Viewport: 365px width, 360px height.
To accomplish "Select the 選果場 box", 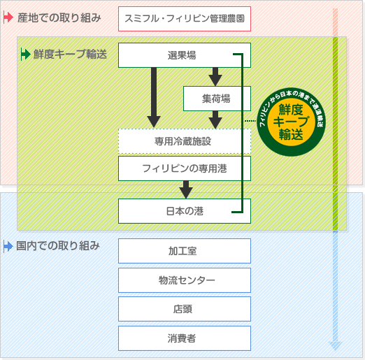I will click(x=185, y=55).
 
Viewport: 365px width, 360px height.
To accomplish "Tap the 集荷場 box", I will click(x=217, y=99).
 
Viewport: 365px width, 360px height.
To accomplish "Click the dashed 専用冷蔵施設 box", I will click(x=185, y=141).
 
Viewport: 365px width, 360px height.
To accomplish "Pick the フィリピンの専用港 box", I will click(x=185, y=168).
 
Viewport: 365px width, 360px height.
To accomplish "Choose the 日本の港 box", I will click(x=185, y=210).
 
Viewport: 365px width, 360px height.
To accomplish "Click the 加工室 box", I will click(x=185, y=251).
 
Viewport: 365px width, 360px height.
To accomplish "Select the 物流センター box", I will click(x=185, y=280).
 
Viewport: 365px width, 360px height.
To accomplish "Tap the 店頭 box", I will click(x=185, y=309).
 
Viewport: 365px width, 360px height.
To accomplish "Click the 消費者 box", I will click(x=185, y=338).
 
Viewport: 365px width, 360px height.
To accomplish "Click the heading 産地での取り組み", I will click(x=59, y=17).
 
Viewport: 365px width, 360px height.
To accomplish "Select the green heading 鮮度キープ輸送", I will click(x=70, y=53).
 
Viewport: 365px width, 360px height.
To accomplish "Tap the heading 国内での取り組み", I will click(x=59, y=246).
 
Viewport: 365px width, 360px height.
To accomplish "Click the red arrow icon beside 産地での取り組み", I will click(x=8, y=17).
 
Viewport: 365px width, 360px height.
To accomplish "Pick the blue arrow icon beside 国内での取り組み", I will click(x=8, y=246).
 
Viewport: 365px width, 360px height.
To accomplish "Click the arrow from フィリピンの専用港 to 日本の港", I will click(x=185, y=189).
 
